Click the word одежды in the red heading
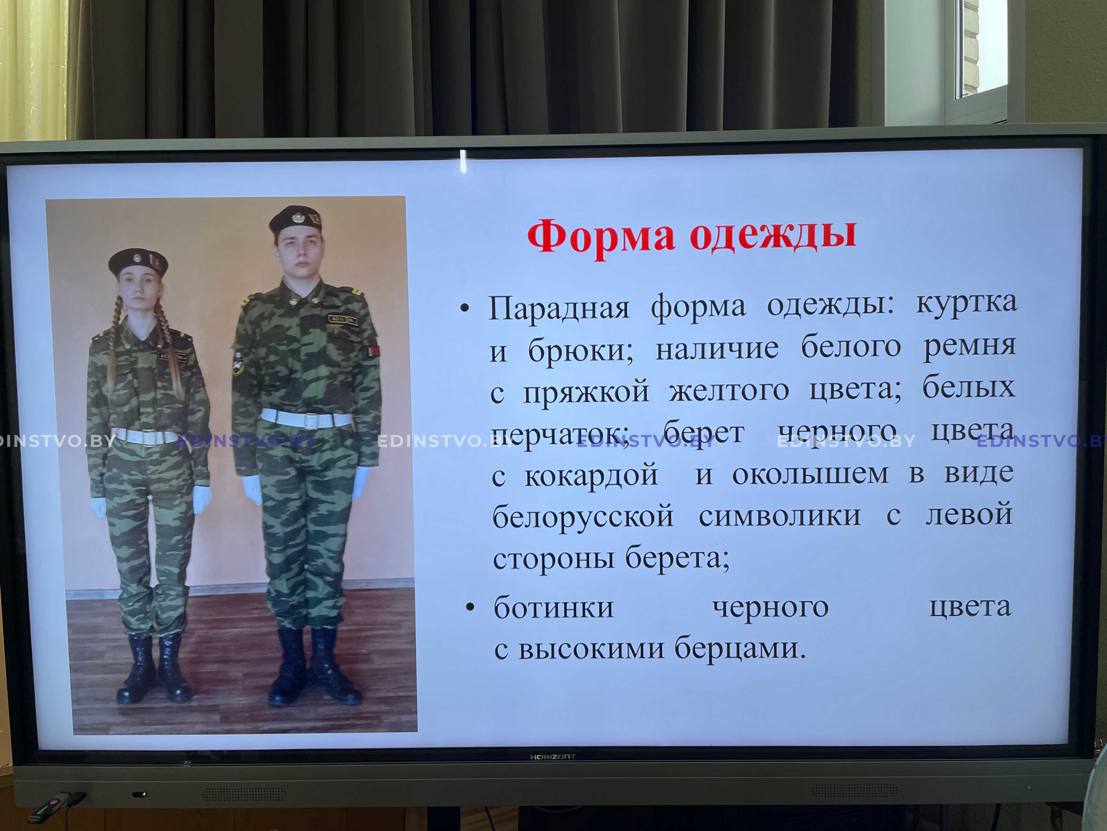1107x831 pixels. (773, 235)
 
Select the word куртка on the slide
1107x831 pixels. (966, 302)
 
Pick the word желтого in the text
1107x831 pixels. (729, 390)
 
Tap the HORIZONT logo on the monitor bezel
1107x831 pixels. (553, 757)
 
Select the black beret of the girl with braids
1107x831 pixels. (138, 261)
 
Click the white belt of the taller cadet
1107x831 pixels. (306, 418)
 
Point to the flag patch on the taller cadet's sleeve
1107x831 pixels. (373, 351)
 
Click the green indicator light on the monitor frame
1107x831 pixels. (142, 795)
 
